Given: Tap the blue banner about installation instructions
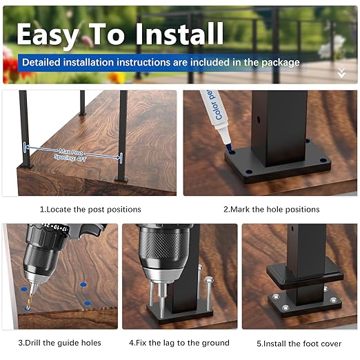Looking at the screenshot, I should click(161, 62).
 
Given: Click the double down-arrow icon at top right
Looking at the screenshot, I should click(341, 72).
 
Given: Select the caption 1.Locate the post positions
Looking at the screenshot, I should click(90, 209).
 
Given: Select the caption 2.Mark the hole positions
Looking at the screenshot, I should click(271, 209).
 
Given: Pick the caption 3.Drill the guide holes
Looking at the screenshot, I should click(60, 343).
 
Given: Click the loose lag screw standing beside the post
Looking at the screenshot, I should click(206, 293).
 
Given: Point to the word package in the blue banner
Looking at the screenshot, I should click(280, 62).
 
